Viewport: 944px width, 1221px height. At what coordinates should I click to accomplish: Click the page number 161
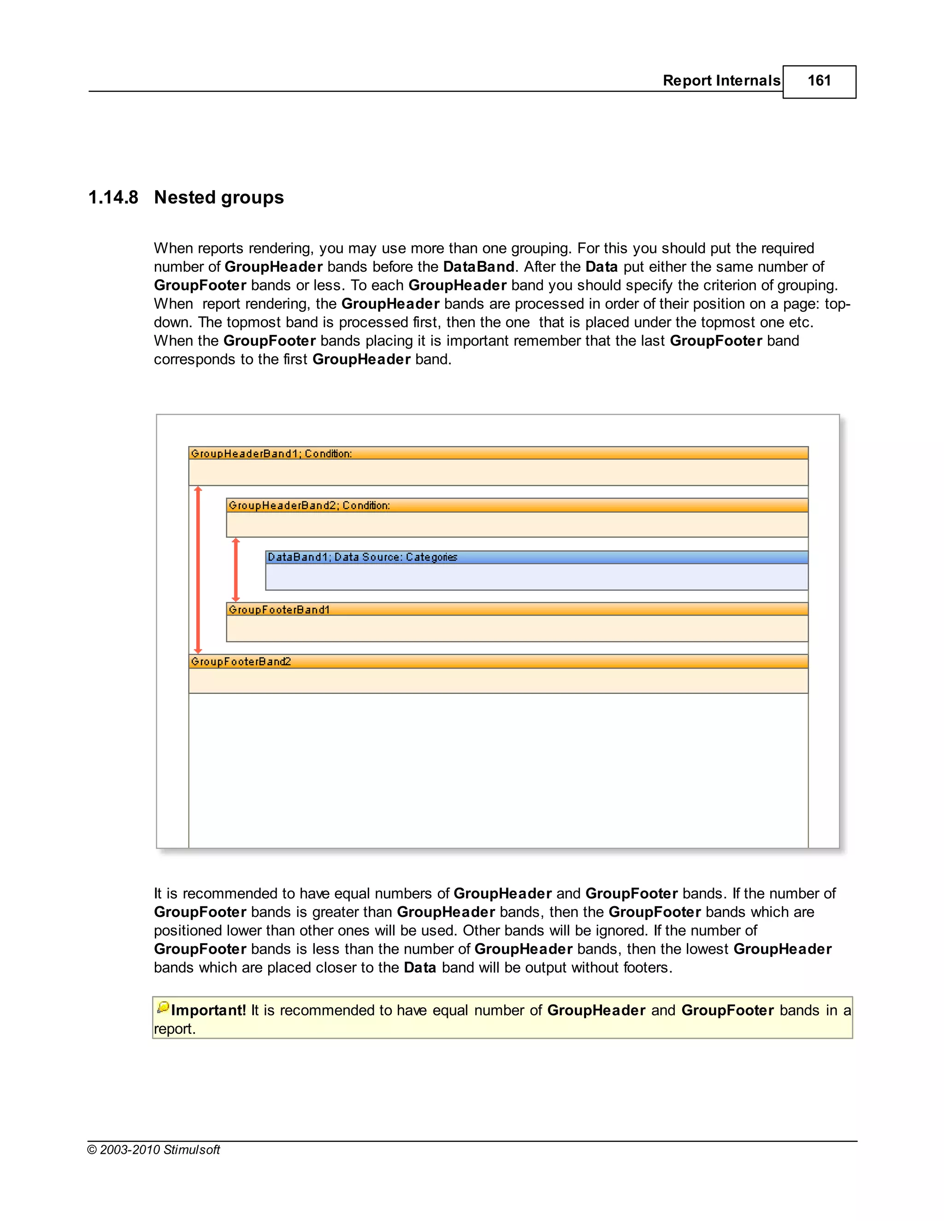[x=819, y=81]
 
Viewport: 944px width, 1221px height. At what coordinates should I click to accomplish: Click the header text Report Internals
[x=721, y=81]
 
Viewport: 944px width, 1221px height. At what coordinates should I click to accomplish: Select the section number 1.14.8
[x=113, y=197]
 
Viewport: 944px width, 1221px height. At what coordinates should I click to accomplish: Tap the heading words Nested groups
[x=218, y=197]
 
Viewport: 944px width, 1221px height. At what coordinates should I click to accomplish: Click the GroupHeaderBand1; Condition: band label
[x=271, y=453]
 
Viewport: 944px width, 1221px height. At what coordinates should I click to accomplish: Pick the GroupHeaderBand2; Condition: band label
[x=309, y=505]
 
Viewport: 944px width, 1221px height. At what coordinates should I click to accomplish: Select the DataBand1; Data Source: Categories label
[x=362, y=557]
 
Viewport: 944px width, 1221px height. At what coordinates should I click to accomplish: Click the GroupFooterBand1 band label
[x=279, y=610]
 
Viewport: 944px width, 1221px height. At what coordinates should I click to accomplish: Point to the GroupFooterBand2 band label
[x=241, y=661]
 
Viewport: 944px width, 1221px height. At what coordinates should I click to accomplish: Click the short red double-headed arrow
[x=236, y=569]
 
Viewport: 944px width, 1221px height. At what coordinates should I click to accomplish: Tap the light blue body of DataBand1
[x=536, y=577]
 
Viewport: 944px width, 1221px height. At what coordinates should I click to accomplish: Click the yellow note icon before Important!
[x=163, y=1007]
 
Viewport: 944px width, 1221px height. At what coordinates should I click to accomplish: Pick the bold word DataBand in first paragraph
[x=478, y=267]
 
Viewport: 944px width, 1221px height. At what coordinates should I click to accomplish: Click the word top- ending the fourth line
[x=837, y=304]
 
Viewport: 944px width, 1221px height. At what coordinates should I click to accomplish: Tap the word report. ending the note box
[x=175, y=1029]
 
